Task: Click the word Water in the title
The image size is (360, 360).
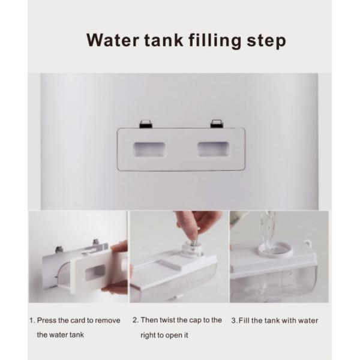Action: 113,40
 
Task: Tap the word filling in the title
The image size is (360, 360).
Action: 215,41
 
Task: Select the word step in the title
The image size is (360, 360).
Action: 266,41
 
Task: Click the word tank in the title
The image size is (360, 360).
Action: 164,40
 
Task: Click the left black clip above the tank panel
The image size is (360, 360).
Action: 146,124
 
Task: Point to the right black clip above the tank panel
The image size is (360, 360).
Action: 217,124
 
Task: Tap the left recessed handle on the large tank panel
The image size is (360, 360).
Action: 149,149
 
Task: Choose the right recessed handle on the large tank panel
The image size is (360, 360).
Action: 213,149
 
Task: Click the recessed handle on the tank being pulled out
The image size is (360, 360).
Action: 95,272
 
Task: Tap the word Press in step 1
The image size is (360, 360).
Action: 47,320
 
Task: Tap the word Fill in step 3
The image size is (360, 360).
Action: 244,320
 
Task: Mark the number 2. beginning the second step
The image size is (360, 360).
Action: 136,320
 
